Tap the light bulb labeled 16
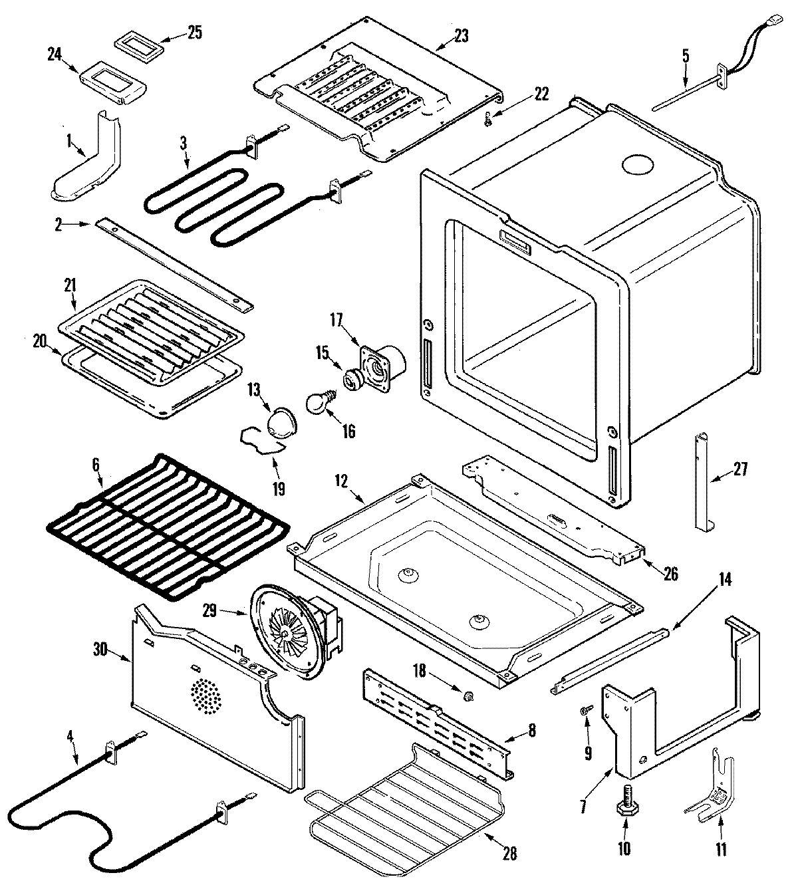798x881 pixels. (x=317, y=403)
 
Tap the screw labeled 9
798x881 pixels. (x=585, y=711)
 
